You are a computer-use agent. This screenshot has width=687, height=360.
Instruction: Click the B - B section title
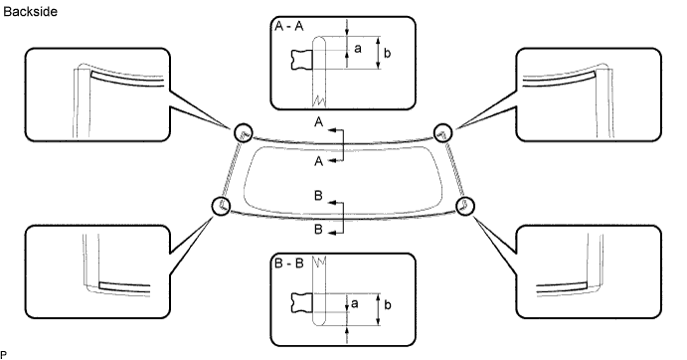tap(288, 268)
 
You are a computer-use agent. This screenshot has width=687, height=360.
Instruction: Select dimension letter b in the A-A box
tap(388, 53)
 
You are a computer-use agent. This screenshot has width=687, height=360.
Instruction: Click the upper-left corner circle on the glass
tap(243, 133)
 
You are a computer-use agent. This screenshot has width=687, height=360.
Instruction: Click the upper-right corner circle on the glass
tap(443, 129)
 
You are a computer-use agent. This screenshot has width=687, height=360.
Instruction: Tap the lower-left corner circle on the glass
tap(222, 206)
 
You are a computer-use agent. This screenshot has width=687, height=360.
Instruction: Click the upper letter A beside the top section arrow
tap(318, 121)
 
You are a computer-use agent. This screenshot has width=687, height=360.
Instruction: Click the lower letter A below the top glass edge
tap(318, 159)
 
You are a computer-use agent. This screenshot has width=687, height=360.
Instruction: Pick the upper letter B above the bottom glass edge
tap(318, 197)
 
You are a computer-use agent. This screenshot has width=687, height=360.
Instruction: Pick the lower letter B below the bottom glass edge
tap(318, 230)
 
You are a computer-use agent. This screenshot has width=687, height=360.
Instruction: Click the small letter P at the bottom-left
tap(4, 354)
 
